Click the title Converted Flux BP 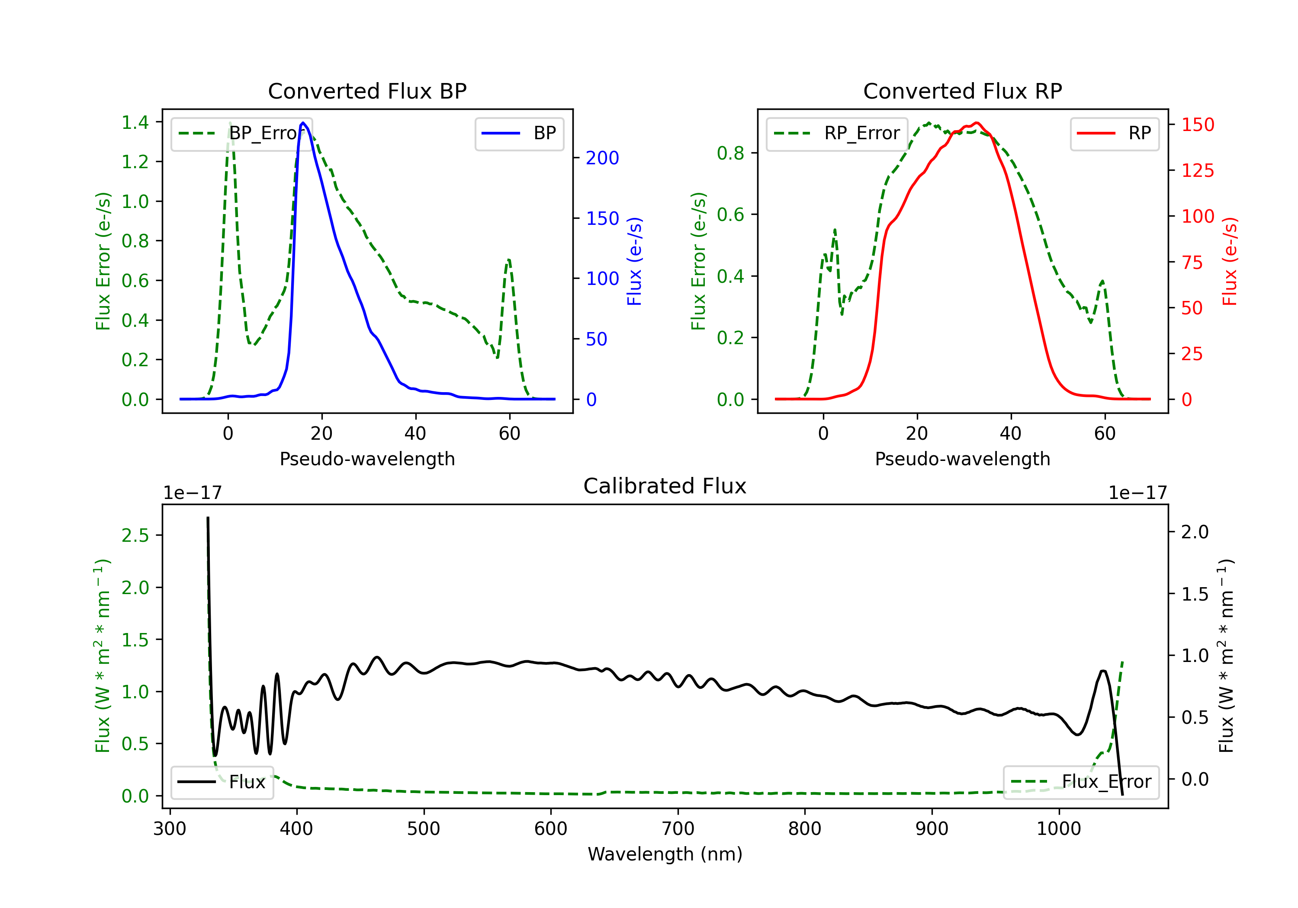click(367, 91)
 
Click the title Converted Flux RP click(962, 91)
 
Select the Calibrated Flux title click(665, 486)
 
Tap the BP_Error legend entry click(241, 133)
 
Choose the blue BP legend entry click(519, 133)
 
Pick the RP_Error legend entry click(837, 133)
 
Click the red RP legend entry click(1114, 133)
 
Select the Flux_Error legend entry click(1081, 782)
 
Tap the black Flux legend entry click(222, 782)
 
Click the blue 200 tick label click(602, 158)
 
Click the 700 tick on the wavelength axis click(678, 829)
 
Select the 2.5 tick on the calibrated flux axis click(135, 535)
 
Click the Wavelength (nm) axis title click(665, 854)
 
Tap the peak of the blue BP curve click(303, 123)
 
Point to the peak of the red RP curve click(977, 123)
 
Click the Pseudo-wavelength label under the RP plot click(962, 459)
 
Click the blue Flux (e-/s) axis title click(634, 262)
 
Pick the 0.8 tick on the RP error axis click(730, 153)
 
